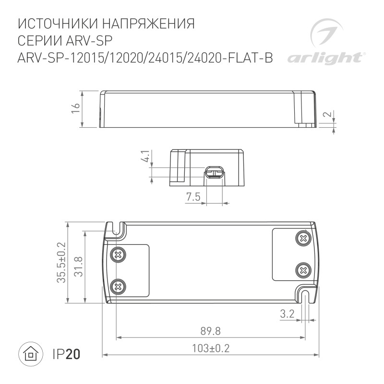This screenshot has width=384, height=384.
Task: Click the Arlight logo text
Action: pyautogui.click(x=324, y=58)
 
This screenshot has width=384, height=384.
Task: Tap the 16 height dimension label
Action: pyautogui.click(x=75, y=109)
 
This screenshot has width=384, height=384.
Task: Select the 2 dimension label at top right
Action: pyautogui.click(x=326, y=115)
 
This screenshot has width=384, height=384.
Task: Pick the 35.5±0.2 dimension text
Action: pyautogui.click(x=60, y=262)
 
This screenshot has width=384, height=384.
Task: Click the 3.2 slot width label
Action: pyautogui.click(x=287, y=314)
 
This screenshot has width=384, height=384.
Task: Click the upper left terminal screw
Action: pyautogui.click(x=118, y=254)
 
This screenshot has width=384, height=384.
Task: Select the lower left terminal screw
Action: pyautogui.click(x=118, y=287)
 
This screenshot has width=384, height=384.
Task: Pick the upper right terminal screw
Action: pyautogui.click(x=303, y=237)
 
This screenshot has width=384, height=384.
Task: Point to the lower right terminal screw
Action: pyautogui.click(x=303, y=270)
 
